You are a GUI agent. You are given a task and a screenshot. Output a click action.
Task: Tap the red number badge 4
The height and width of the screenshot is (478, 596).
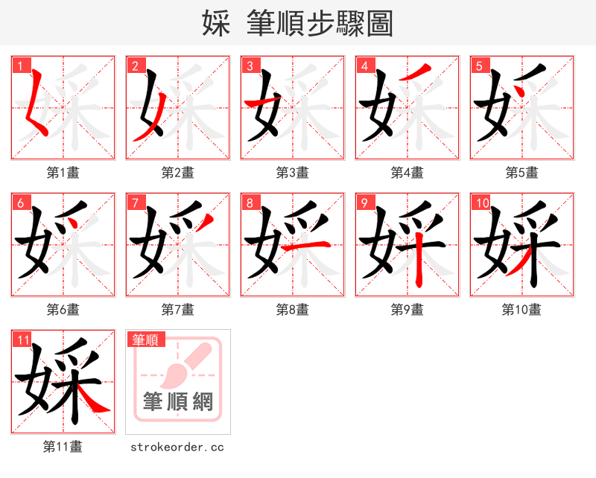tap(364, 66)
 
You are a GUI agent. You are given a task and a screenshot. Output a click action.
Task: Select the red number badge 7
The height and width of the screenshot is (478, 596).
tap(135, 203)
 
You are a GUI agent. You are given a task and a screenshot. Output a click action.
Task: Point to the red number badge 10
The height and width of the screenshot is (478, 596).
tap(481, 203)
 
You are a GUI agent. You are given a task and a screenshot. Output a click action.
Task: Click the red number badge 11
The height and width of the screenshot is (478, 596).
tap(22, 340)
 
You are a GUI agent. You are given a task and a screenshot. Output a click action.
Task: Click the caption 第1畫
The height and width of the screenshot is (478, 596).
tap(63, 173)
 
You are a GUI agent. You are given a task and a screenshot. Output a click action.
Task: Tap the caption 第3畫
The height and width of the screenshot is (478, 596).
tap(293, 173)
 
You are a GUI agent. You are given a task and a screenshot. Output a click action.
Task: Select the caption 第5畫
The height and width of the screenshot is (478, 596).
tap(521, 173)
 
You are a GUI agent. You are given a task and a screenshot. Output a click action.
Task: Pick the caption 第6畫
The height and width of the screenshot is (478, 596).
tap(63, 310)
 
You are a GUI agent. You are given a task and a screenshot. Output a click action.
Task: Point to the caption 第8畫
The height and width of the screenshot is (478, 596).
tap(293, 310)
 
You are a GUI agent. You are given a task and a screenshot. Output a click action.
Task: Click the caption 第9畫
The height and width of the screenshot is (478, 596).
tap(407, 310)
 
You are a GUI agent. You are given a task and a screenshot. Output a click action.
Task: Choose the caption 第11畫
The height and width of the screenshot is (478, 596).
tap(63, 447)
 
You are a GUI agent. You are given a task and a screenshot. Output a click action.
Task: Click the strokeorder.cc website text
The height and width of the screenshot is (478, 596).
tap(177, 447)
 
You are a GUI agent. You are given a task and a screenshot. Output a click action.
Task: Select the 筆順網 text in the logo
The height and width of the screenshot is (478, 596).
tap(178, 402)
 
